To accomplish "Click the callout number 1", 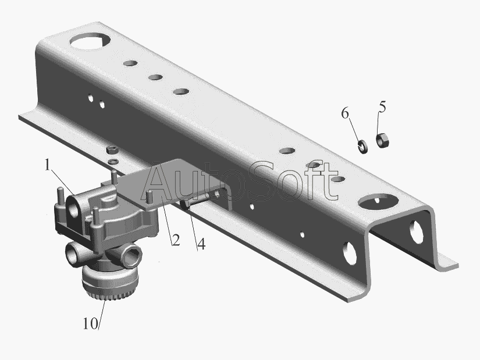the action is (47, 165).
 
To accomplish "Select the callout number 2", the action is (176, 240).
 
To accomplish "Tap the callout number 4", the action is (201, 244).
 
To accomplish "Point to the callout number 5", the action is (382, 107).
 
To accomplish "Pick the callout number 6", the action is (345, 113).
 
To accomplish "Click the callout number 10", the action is (90, 323).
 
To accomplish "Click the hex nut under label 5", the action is (382, 140).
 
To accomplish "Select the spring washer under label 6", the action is (363, 146).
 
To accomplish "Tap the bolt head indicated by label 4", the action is (185, 205).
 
